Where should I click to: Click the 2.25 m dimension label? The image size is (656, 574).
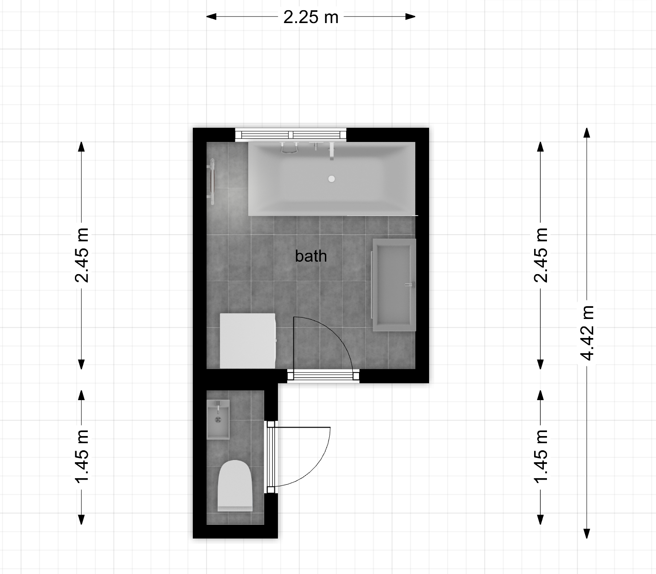(311, 17)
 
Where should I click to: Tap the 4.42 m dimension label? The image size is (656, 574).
(587, 333)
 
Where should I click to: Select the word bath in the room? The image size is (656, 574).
(311, 256)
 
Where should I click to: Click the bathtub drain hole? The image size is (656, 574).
(332, 179)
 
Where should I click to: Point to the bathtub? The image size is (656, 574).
(332, 179)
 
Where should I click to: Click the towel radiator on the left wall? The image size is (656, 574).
(211, 181)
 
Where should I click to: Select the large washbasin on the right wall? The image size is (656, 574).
(394, 285)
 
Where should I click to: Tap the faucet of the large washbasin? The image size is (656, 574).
(410, 285)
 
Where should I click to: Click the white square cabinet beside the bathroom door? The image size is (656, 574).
(247, 341)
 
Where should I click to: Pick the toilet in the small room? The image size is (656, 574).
(235, 486)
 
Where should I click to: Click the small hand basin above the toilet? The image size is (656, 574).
(218, 419)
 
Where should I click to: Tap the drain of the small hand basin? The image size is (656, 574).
(218, 420)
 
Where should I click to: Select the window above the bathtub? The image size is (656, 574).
(291, 134)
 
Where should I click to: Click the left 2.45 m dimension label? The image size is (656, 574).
(82, 256)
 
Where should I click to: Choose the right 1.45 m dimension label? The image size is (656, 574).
(541, 457)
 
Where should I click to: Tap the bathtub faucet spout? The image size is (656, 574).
(332, 151)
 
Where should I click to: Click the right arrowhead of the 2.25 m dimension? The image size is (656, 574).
(410, 17)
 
